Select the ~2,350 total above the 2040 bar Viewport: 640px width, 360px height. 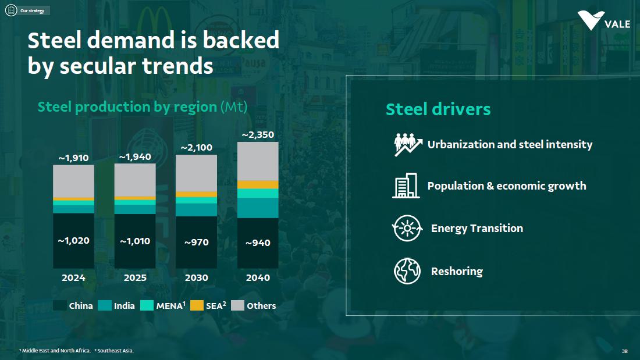(258, 135)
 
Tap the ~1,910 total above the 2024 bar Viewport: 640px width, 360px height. (74, 158)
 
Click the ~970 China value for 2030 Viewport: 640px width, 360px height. (196, 242)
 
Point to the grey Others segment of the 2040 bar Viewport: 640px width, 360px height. (258, 161)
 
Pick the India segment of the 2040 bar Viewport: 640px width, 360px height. (258, 208)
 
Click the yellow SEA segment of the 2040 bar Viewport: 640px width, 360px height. (258, 184)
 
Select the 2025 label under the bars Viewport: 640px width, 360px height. (135, 278)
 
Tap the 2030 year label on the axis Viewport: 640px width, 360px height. (196, 278)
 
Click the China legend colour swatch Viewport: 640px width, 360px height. (59, 305)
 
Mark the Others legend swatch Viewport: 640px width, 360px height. (237, 305)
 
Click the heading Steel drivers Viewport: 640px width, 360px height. (438, 109)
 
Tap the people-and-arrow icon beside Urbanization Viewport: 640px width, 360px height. (407, 144)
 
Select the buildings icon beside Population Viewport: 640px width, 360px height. (406, 186)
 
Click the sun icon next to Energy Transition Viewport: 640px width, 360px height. (407, 229)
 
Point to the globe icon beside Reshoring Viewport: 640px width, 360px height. (407, 271)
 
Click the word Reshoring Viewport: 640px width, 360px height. (457, 271)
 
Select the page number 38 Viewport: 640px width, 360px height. (624, 351)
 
